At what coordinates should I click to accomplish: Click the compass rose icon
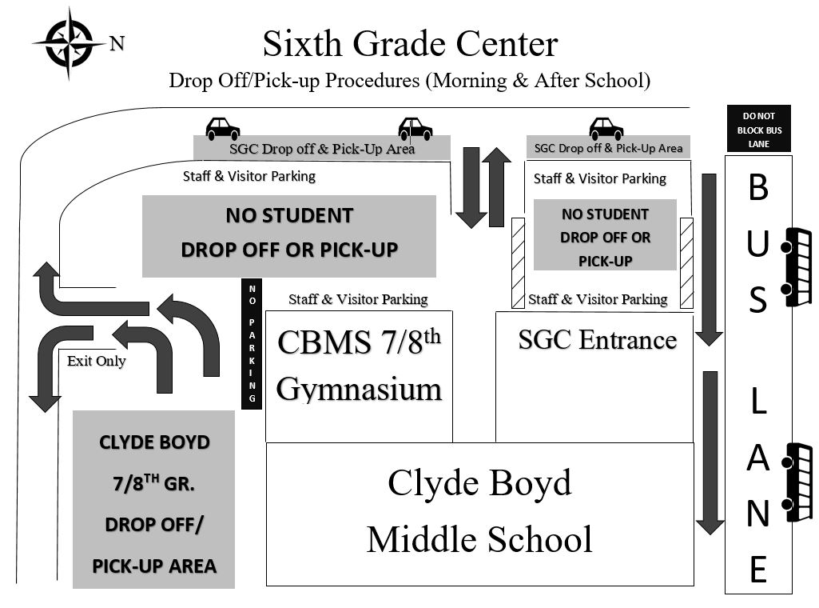pos(68,42)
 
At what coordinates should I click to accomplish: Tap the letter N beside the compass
pos(117,44)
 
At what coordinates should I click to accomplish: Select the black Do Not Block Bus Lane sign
pos(758,130)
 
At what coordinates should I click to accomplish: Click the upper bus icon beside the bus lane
pos(797,267)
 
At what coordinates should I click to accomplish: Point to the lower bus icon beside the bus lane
pos(798,482)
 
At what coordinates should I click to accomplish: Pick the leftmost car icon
pos(223,128)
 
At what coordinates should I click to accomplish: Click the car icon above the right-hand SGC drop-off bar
pos(606,128)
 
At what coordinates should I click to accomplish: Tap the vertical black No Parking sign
pos(252,343)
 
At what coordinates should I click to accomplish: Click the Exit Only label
pos(96,361)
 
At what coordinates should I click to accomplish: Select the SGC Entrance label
pos(598,340)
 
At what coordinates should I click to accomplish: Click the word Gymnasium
pos(359,389)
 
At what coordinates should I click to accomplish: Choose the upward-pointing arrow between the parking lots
pos(495,186)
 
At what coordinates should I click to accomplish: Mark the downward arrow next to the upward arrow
pos(471,186)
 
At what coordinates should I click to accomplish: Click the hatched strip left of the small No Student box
pos(518,262)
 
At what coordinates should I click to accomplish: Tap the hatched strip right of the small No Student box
pos(686,262)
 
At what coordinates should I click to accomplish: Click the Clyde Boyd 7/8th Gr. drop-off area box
pos(153,499)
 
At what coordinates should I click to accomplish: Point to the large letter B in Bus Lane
pos(758,188)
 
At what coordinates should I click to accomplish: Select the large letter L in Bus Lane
pos(758,402)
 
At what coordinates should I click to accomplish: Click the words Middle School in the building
pos(479,540)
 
